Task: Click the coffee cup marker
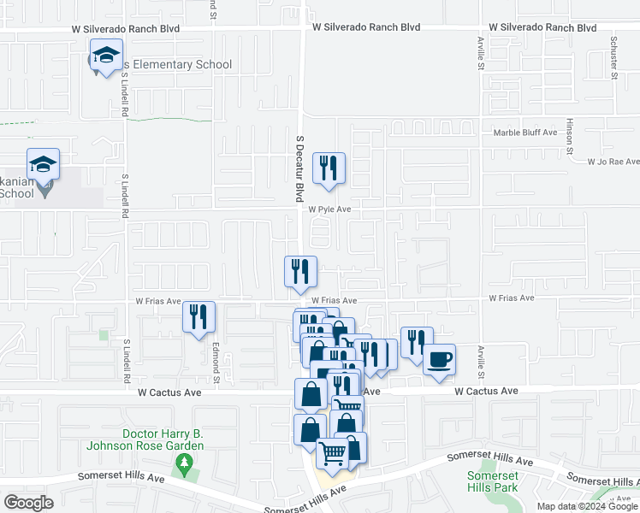[x=439, y=359]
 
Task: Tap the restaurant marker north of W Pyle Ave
[x=329, y=168]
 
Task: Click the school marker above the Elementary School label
[x=105, y=59]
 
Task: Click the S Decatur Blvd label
[x=299, y=167]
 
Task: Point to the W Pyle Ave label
[x=330, y=209]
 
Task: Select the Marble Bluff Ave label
[x=525, y=133]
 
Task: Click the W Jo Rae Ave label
[x=613, y=161]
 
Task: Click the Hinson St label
[x=569, y=135]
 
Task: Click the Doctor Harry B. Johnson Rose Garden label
[x=145, y=439]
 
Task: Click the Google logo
[x=28, y=502]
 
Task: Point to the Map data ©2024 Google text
[x=586, y=506]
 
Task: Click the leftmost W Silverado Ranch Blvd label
[x=125, y=28]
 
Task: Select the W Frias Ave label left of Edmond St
[x=158, y=301]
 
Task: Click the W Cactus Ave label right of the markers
[x=486, y=391]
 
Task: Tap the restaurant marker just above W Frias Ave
[x=300, y=272]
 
